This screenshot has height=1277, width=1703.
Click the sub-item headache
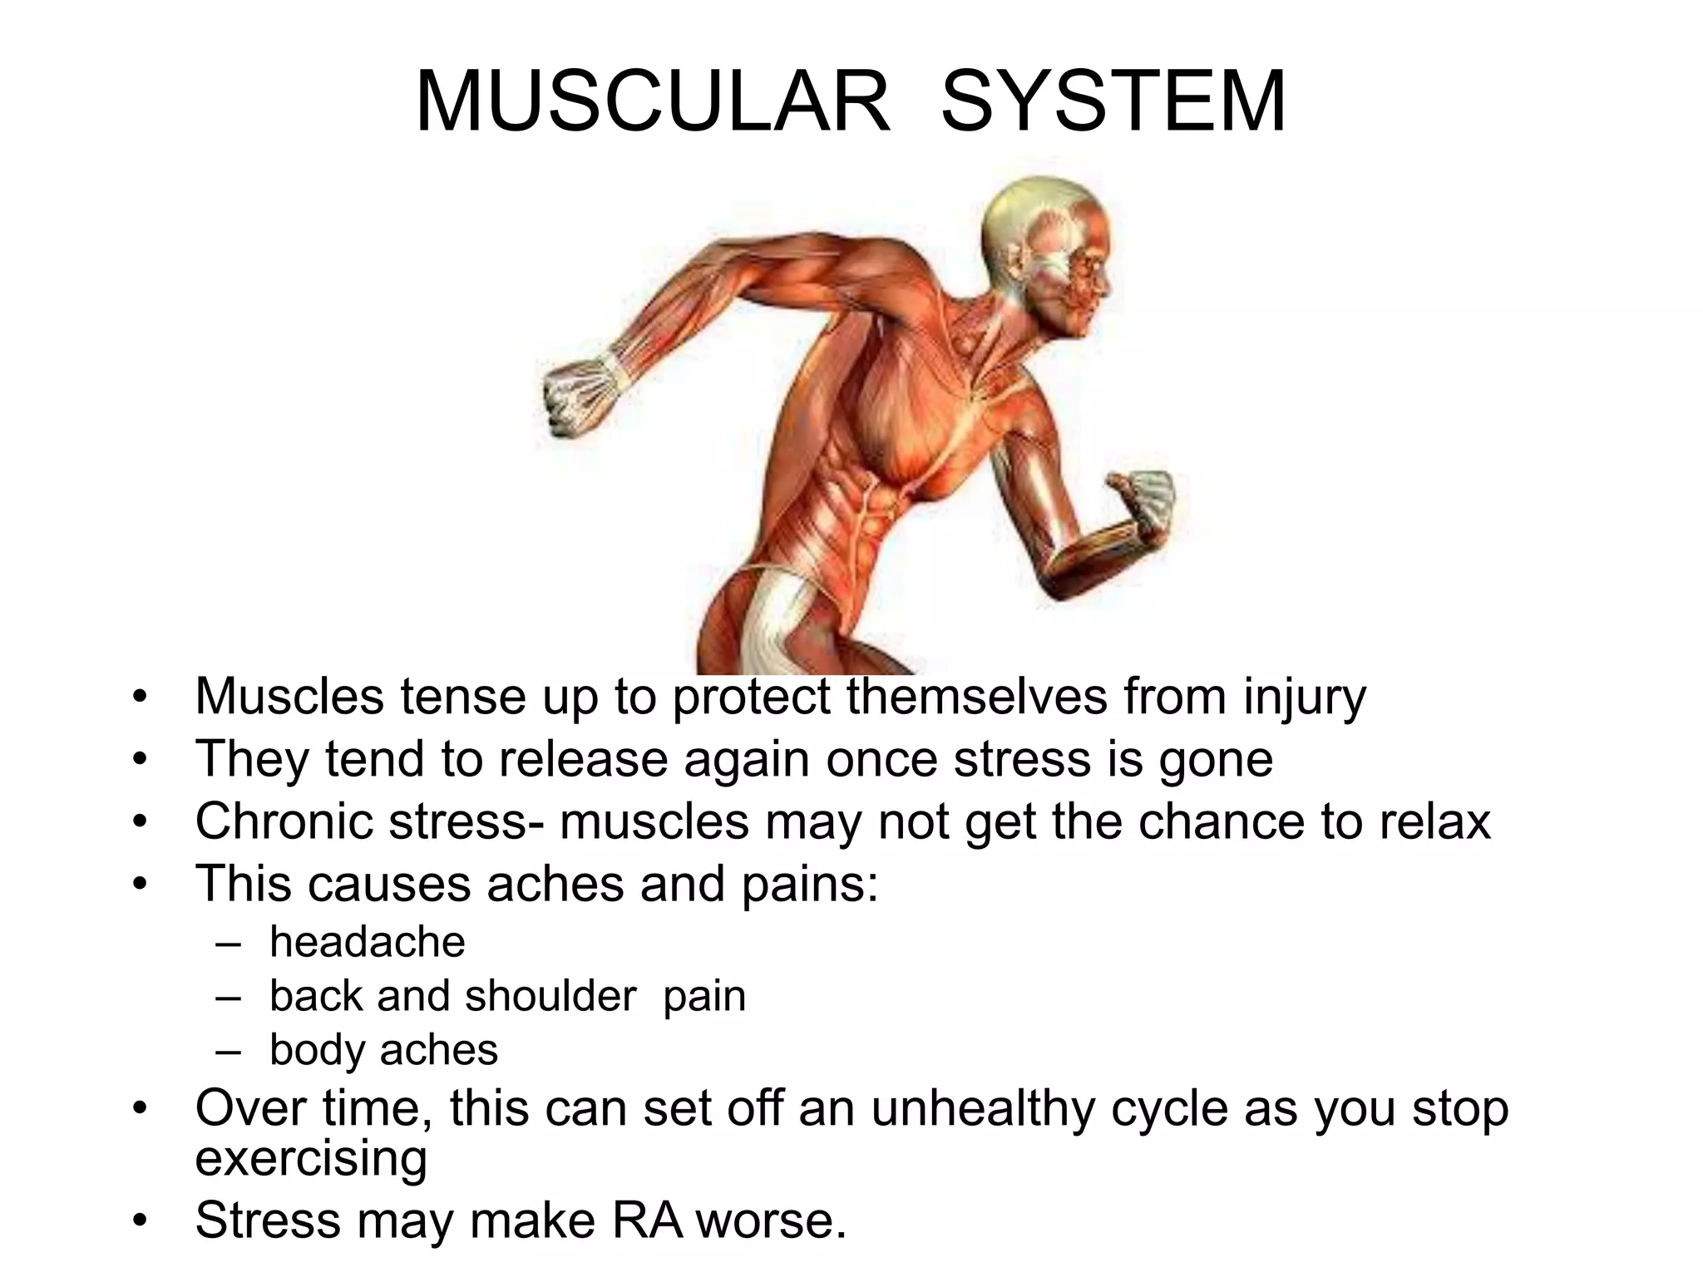(367, 942)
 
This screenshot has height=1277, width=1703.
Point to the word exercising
(311, 1157)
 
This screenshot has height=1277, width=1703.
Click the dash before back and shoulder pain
(227, 997)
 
